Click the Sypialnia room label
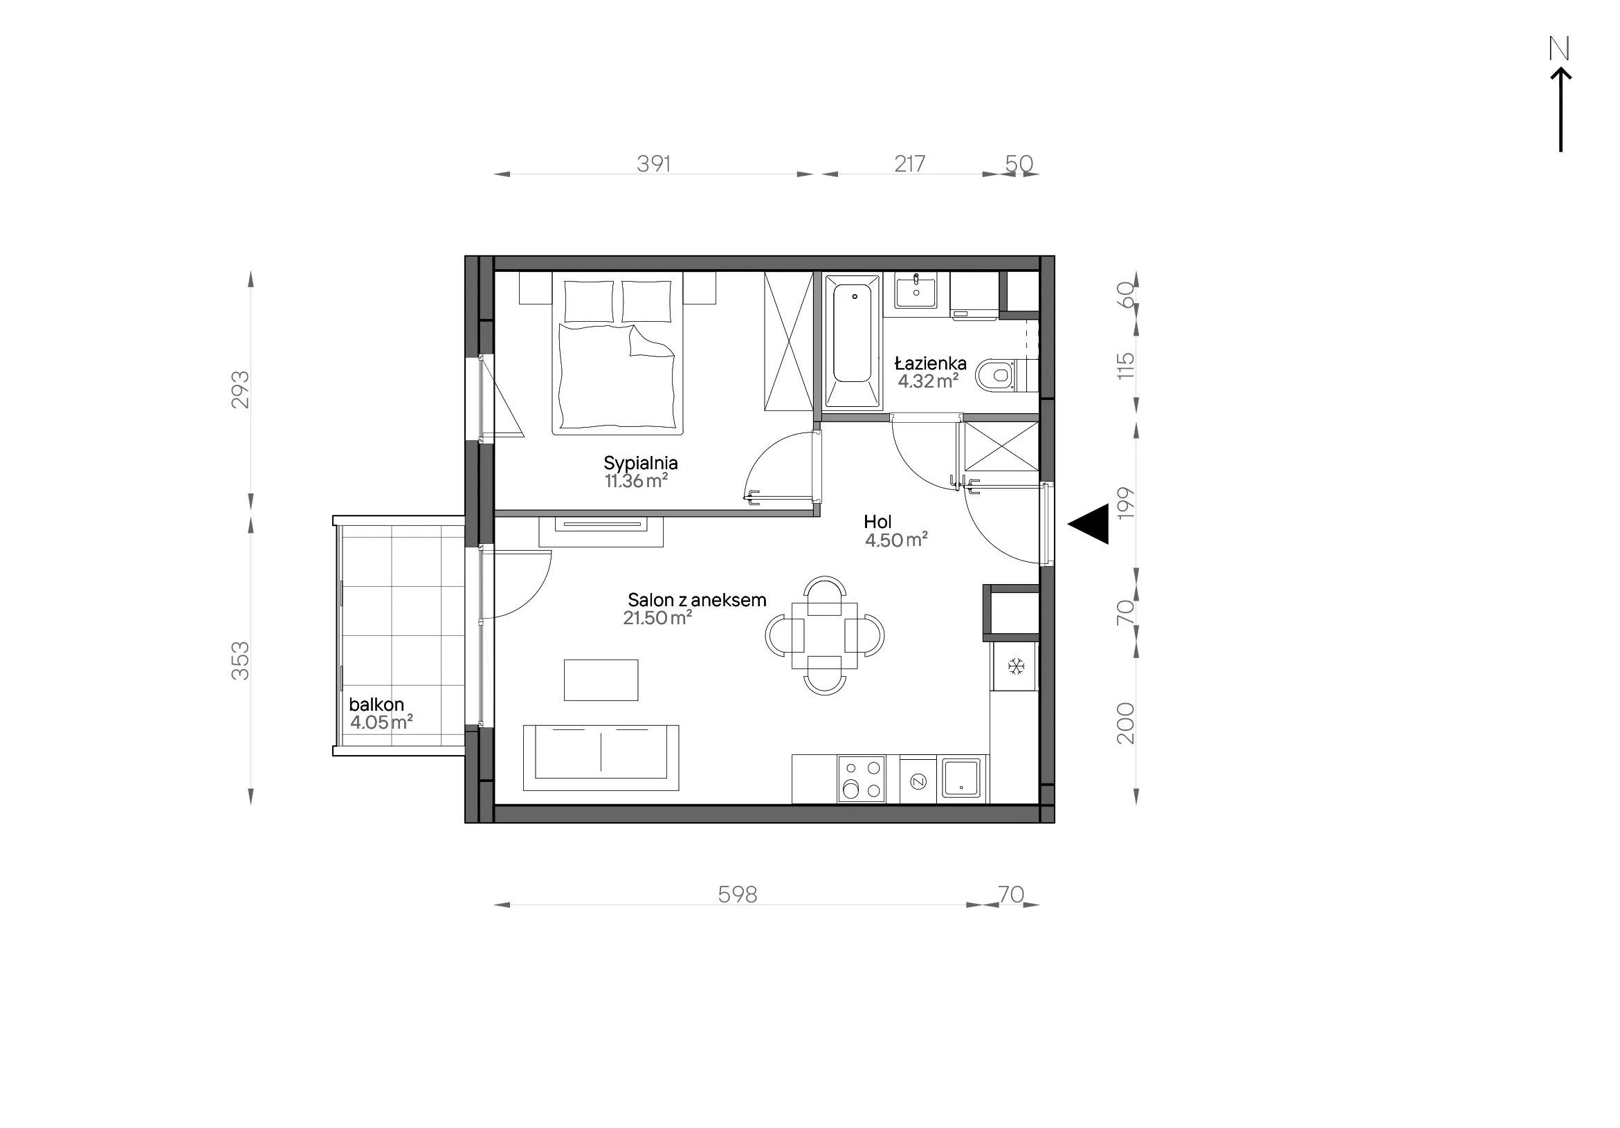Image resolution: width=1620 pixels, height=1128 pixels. pyautogui.click(x=640, y=464)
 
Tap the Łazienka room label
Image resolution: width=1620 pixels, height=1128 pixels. pyautogui.click(x=930, y=363)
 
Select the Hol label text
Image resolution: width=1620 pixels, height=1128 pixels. pyautogui.click(x=877, y=522)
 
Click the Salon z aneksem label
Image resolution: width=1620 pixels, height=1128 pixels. pyautogui.click(x=696, y=600)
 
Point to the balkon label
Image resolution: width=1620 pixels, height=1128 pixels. pyautogui.click(x=376, y=704)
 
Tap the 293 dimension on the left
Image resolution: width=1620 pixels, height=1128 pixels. pyautogui.click(x=241, y=390)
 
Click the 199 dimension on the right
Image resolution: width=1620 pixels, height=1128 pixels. pyautogui.click(x=1125, y=503)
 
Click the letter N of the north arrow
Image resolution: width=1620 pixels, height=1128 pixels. pyautogui.click(x=1559, y=48)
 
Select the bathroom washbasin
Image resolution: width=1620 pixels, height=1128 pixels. pyautogui.click(x=916, y=291)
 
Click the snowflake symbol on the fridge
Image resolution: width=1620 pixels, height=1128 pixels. pyautogui.click(x=1016, y=666)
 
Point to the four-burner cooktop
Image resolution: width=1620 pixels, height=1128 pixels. pyautogui.click(x=862, y=779)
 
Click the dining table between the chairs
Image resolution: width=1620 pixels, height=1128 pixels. pyautogui.click(x=825, y=635)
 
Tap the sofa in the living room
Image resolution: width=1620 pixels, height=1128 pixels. pyautogui.click(x=601, y=758)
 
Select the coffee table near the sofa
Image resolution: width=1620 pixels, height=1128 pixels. pyautogui.click(x=601, y=680)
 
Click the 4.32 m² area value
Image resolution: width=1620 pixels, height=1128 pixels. pyautogui.click(x=928, y=381)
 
